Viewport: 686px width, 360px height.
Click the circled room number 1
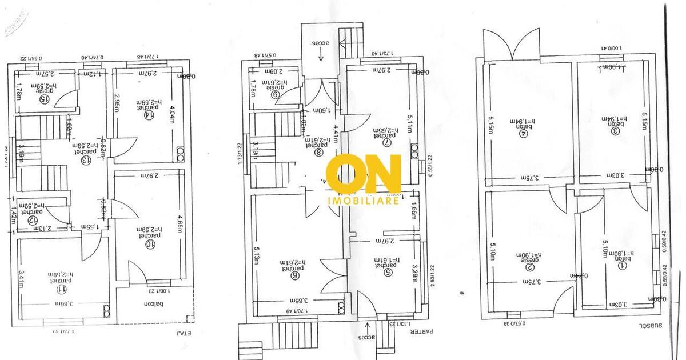617,265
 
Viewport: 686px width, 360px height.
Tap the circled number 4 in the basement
521,135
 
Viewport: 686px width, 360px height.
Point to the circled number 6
295,275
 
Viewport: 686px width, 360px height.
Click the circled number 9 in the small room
274,95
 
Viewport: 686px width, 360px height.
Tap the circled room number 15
43,98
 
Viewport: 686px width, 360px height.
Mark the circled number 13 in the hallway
87,160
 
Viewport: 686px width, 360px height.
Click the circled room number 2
530,266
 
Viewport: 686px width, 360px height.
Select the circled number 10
151,245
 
